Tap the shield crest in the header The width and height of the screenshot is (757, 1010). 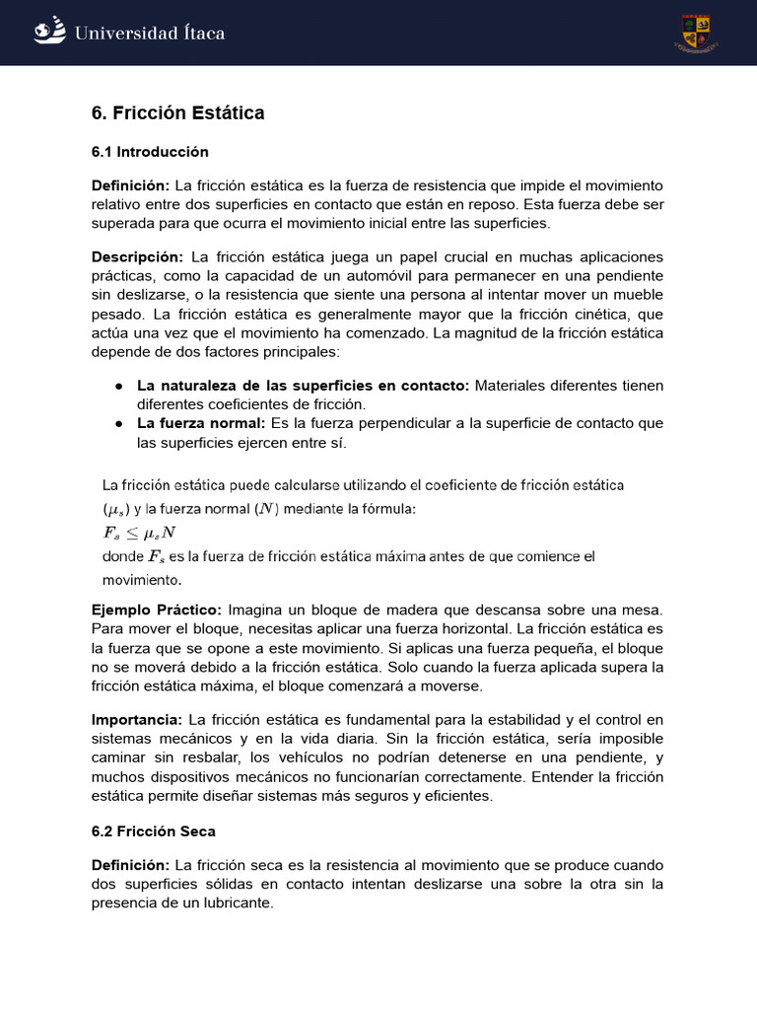(x=696, y=34)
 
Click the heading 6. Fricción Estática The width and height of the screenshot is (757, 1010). (x=178, y=113)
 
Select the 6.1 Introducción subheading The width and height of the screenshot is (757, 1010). (x=150, y=152)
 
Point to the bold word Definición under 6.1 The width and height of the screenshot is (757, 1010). (x=130, y=185)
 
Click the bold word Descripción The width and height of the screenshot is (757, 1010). (x=137, y=256)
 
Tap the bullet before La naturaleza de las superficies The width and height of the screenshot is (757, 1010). (x=118, y=386)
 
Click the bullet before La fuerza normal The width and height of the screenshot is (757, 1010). (x=118, y=423)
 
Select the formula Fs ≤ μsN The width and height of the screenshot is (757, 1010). (x=139, y=533)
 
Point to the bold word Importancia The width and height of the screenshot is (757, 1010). (x=136, y=719)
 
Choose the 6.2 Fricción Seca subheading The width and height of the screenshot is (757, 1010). (x=153, y=831)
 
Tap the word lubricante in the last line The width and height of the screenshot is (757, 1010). (x=228, y=902)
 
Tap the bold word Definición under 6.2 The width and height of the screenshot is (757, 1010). (x=130, y=865)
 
